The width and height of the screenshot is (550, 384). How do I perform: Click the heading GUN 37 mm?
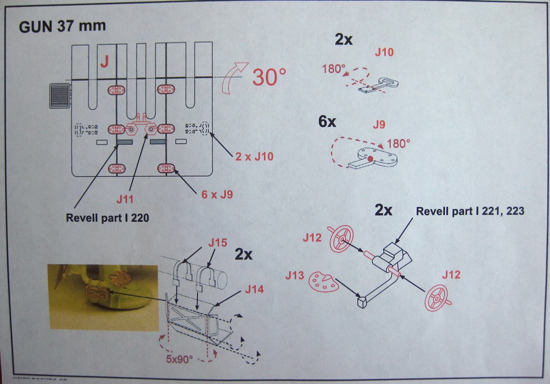point(62,27)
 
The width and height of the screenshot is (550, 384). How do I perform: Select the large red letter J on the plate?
point(104,63)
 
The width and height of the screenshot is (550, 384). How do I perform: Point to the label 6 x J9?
point(217,194)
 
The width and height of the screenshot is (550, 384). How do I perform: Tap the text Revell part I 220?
point(107,218)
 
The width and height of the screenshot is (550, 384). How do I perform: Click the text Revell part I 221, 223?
point(470,211)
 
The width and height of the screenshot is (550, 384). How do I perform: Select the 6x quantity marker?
point(327,122)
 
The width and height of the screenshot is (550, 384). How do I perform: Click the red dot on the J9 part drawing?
point(370,160)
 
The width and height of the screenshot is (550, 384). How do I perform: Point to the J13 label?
point(294,275)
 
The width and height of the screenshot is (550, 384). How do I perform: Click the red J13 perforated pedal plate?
point(323,281)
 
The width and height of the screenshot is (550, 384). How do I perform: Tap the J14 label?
point(255,290)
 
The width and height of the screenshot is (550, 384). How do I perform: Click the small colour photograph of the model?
point(103,297)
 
